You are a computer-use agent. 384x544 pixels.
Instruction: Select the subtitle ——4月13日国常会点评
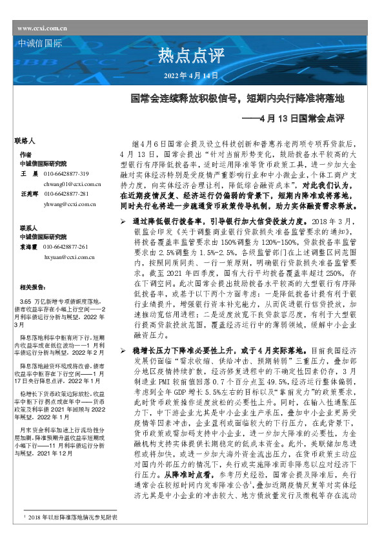(x=294, y=118)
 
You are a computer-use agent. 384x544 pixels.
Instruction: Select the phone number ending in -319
(x=66, y=174)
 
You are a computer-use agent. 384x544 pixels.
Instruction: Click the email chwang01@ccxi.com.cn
(x=70, y=184)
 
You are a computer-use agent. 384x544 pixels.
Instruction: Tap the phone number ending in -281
(x=66, y=194)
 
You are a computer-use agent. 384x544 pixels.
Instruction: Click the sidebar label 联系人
(x=28, y=229)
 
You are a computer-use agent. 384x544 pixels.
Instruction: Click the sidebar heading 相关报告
(x=32, y=288)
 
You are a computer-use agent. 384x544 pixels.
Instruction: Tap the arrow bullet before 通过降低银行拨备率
(x=125, y=222)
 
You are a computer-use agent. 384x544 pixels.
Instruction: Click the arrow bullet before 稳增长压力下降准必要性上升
(x=125, y=350)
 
